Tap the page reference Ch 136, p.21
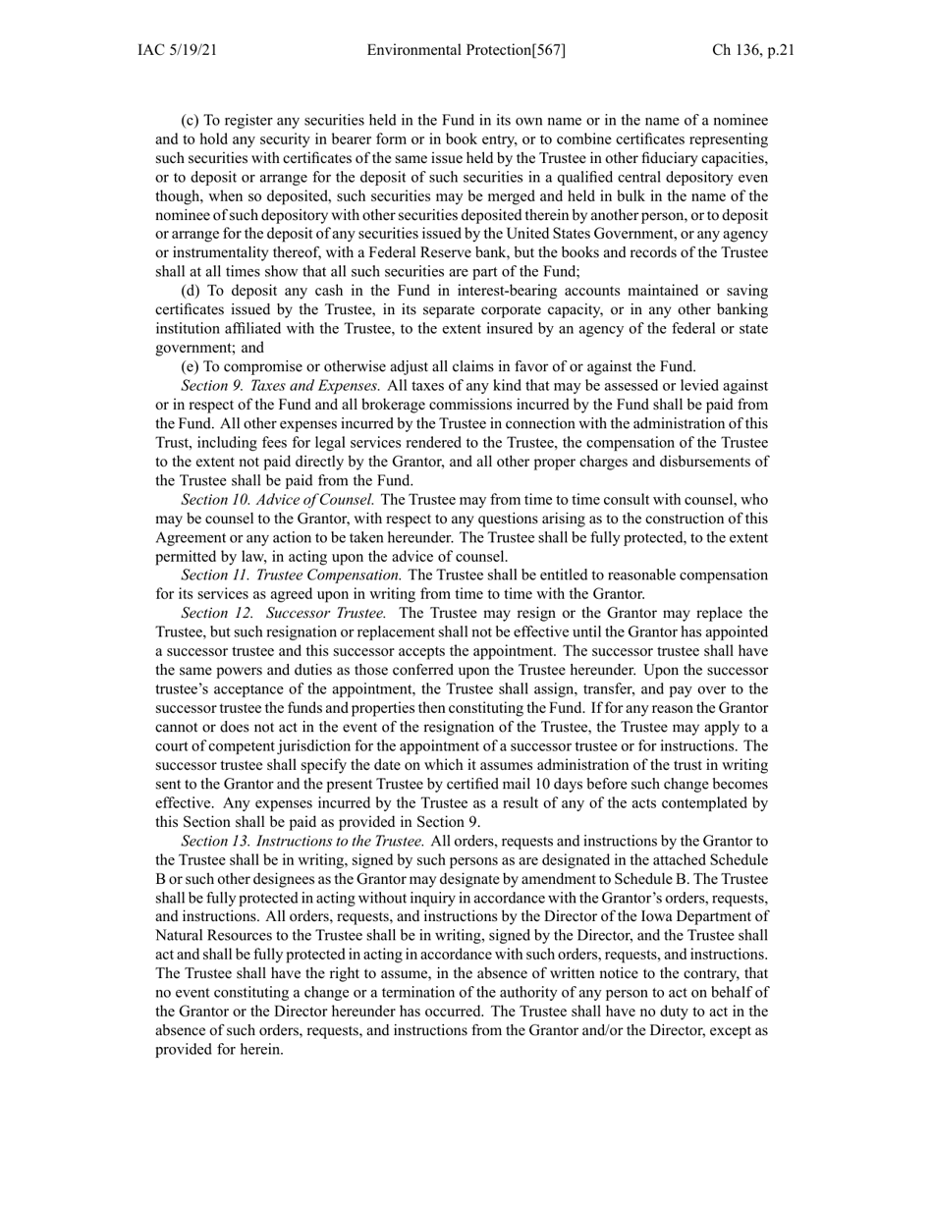(x=753, y=50)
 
